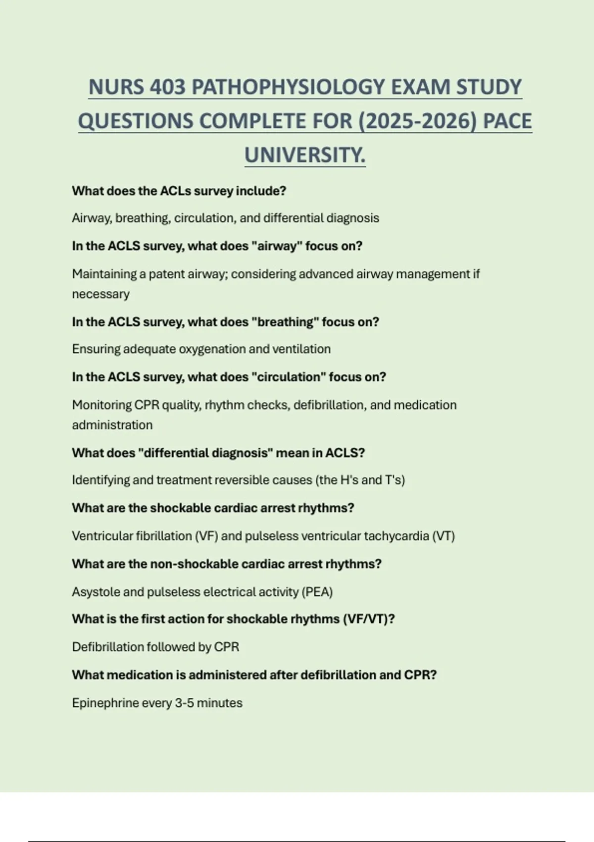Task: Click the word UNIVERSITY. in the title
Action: pyautogui.click(x=305, y=156)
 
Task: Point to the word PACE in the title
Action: pyautogui.click(x=507, y=121)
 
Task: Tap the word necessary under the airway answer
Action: pyautogui.click(x=100, y=294)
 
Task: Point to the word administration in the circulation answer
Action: pyautogui.click(x=112, y=425)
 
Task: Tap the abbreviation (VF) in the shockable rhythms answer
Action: pyautogui.click(x=206, y=536)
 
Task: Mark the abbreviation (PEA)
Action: pyautogui.click(x=317, y=592)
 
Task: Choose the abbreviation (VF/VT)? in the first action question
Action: pyautogui.click(x=369, y=619)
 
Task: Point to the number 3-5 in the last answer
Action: pyautogui.click(x=184, y=703)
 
